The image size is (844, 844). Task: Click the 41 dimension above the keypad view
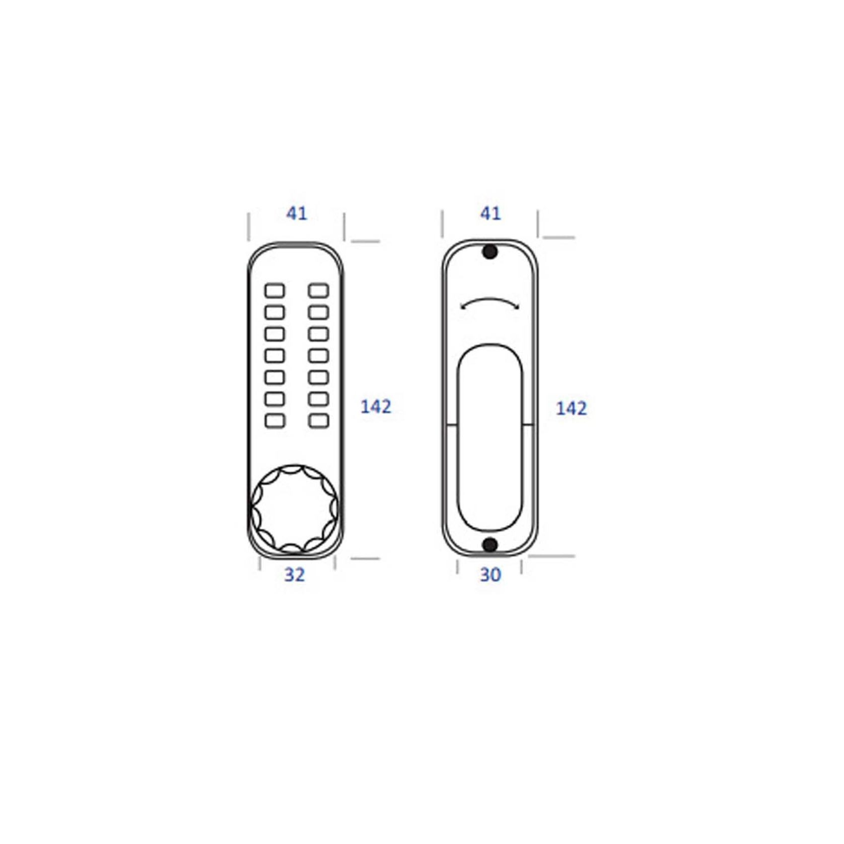[297, 214]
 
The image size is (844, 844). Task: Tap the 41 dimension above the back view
[490, 214]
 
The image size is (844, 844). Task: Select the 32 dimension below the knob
[295, 575]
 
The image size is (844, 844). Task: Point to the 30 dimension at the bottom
[490, 575]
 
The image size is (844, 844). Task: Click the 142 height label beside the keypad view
[376, 406]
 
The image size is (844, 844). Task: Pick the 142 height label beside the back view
[571, 408]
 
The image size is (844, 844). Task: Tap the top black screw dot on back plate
[490, 252]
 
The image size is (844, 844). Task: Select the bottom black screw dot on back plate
[490, 544]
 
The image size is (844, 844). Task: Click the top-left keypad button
[275, 291]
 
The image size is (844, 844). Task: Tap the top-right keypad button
[318, 291]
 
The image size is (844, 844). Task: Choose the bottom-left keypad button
[275, 420]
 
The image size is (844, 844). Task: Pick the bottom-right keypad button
[318, 420]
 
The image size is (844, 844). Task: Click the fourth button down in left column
[275, 356]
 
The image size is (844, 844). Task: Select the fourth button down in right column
[318, 356]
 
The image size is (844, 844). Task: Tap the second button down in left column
[275, 312]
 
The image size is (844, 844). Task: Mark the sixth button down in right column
[318, 399]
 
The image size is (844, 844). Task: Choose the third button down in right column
[318, 334]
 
